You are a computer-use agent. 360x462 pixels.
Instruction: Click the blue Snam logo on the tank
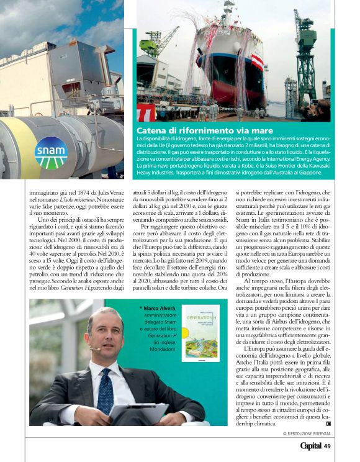click(x=50, y=153)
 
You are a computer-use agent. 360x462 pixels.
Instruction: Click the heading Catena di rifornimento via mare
click(x=205, y=130)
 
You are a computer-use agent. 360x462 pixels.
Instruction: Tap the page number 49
click(x=327, y=445)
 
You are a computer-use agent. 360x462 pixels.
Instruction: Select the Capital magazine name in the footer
click(x=310, y=445)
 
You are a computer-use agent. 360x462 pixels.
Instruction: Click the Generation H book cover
click(x=200, y=333)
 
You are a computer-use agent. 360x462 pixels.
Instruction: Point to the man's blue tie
click(x=105, y=392)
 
